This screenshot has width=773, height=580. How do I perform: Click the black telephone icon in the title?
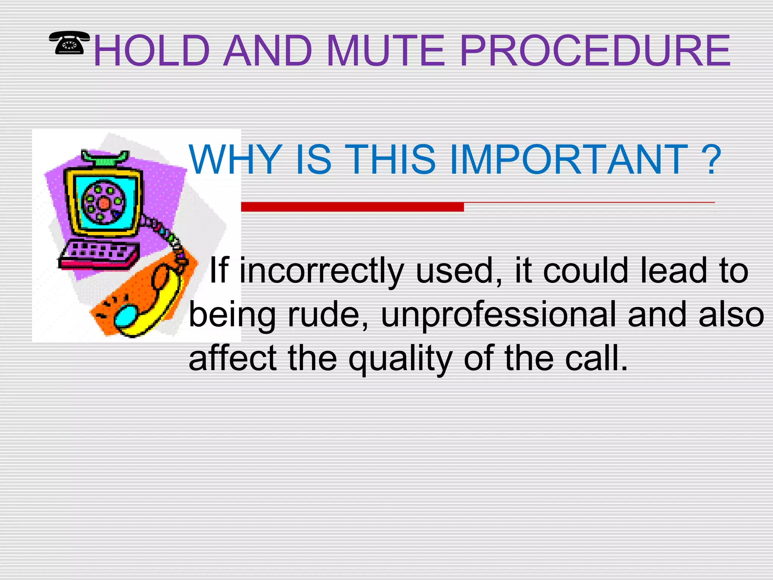[x=69, y=43]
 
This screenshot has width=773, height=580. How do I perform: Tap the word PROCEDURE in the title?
[x=595, y=51]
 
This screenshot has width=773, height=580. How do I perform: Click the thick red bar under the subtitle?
[x=352, y=207]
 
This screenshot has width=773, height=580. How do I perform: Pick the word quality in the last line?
[x=400, y=359]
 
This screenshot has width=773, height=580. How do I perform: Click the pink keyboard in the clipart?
[x=98, y=255]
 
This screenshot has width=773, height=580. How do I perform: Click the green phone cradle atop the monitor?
[x=105, y=159]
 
